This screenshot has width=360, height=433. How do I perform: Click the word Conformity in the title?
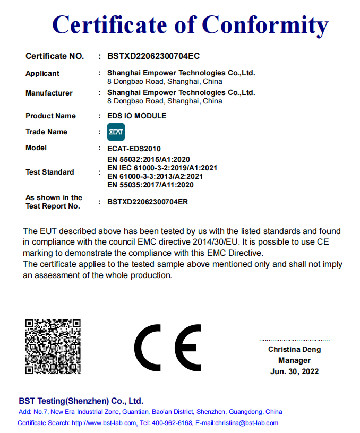264,25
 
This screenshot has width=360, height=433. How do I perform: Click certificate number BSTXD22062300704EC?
153,56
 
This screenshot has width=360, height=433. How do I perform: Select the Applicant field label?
42,73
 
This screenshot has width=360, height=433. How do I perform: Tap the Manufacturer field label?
49,93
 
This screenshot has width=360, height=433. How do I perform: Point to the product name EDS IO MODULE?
136,116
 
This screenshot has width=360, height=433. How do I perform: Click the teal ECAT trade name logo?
116,132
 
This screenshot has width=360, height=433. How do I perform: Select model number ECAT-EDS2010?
134,149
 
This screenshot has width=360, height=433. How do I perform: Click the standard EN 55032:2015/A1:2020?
149,159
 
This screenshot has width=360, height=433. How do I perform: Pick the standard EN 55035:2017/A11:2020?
150,185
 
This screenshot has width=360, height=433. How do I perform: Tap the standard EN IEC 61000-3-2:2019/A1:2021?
162,168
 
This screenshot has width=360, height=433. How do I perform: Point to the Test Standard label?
50,172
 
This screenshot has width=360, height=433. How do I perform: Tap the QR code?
53,346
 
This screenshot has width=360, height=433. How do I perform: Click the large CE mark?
167,348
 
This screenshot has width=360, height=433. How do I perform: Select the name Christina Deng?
294,350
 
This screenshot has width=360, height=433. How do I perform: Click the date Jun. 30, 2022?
294,371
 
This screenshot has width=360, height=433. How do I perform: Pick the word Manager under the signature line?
294,360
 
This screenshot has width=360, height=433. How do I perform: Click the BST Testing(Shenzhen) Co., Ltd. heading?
81,401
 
